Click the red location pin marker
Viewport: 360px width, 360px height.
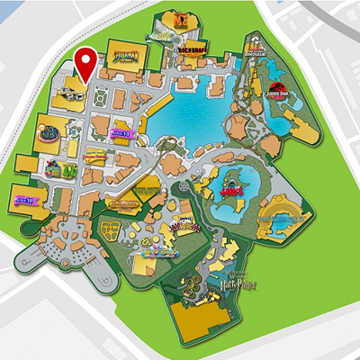click(x=85, y=61)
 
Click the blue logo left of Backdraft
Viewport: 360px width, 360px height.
click(x=157, y=35)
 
